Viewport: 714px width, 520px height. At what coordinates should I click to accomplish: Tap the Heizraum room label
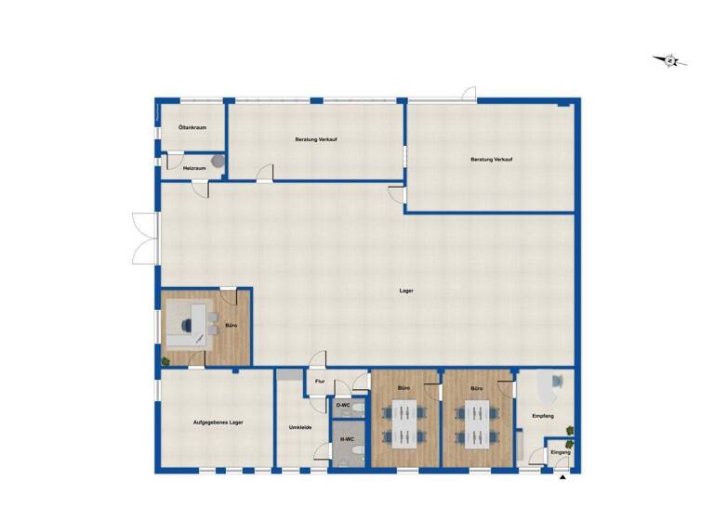pos(193,167)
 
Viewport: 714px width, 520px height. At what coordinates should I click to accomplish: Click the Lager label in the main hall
pos(405,291)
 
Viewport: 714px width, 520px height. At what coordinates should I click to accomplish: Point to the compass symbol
pos(671,61)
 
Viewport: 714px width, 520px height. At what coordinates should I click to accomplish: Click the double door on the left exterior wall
pos(141,237)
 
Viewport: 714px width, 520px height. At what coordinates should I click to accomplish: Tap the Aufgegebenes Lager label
pos(218,422)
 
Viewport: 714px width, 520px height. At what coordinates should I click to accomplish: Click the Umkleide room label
pos(299,427)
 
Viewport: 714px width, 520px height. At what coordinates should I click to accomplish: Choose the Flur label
pos(319,381)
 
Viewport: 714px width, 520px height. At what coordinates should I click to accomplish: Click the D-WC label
pos(343,405)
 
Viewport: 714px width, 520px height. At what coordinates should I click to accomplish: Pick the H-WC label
pos(349,439)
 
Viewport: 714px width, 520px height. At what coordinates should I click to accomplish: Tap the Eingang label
pos(561,451)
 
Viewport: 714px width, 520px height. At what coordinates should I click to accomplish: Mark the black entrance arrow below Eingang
pos(562,478)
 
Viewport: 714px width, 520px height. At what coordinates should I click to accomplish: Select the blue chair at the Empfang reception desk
pos(555,381)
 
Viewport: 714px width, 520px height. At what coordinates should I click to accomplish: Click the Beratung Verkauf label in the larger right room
pos(492,160)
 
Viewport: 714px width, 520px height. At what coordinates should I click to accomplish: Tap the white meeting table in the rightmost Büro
pos(477,422)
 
